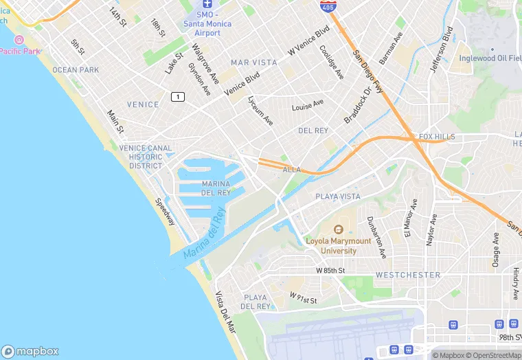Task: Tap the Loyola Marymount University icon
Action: pyautogui.click(x=338, y=230)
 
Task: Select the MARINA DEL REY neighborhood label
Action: pyautogui.click(x=216, y=188)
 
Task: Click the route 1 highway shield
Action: pyautogui.click(x=179, y=97)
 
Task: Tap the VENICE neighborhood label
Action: pyautogui.click(x=144, y=105)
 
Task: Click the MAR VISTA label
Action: pyautogui.click(x=254, y=63)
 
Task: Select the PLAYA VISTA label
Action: pyautogui.click(x=337, y=196)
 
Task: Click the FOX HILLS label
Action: pyautogui.click(x=437, y=137)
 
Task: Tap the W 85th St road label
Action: pyautogui.click(x=330, y=271)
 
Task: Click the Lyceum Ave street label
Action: pyautogui.click(x=260, y=110)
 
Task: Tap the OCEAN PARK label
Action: pyautogui.click(x=75, y=70)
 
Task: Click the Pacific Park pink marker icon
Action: pyautogui.click(x=19, y=41)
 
